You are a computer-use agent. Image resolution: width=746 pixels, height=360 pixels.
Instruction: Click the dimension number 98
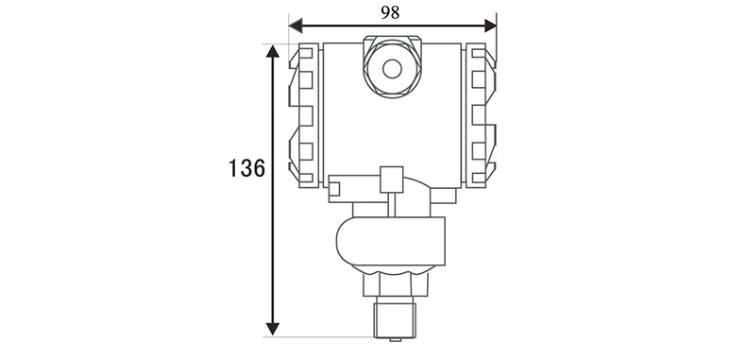390,13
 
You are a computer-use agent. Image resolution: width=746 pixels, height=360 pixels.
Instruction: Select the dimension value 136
246,168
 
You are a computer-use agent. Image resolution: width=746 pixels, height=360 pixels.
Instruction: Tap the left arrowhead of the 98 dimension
296,26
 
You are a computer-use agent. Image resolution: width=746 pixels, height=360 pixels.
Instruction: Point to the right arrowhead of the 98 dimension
490,26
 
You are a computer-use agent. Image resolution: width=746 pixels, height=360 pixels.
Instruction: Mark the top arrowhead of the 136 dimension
273,51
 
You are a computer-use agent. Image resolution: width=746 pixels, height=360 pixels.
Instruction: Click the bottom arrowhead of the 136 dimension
273,329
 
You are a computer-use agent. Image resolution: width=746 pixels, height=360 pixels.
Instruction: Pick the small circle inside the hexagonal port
392,69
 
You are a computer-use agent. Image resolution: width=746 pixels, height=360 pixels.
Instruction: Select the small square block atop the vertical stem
392,180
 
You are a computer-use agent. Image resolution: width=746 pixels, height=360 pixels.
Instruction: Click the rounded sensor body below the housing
391,241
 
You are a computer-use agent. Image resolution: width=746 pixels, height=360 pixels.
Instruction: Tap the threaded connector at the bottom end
395,317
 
